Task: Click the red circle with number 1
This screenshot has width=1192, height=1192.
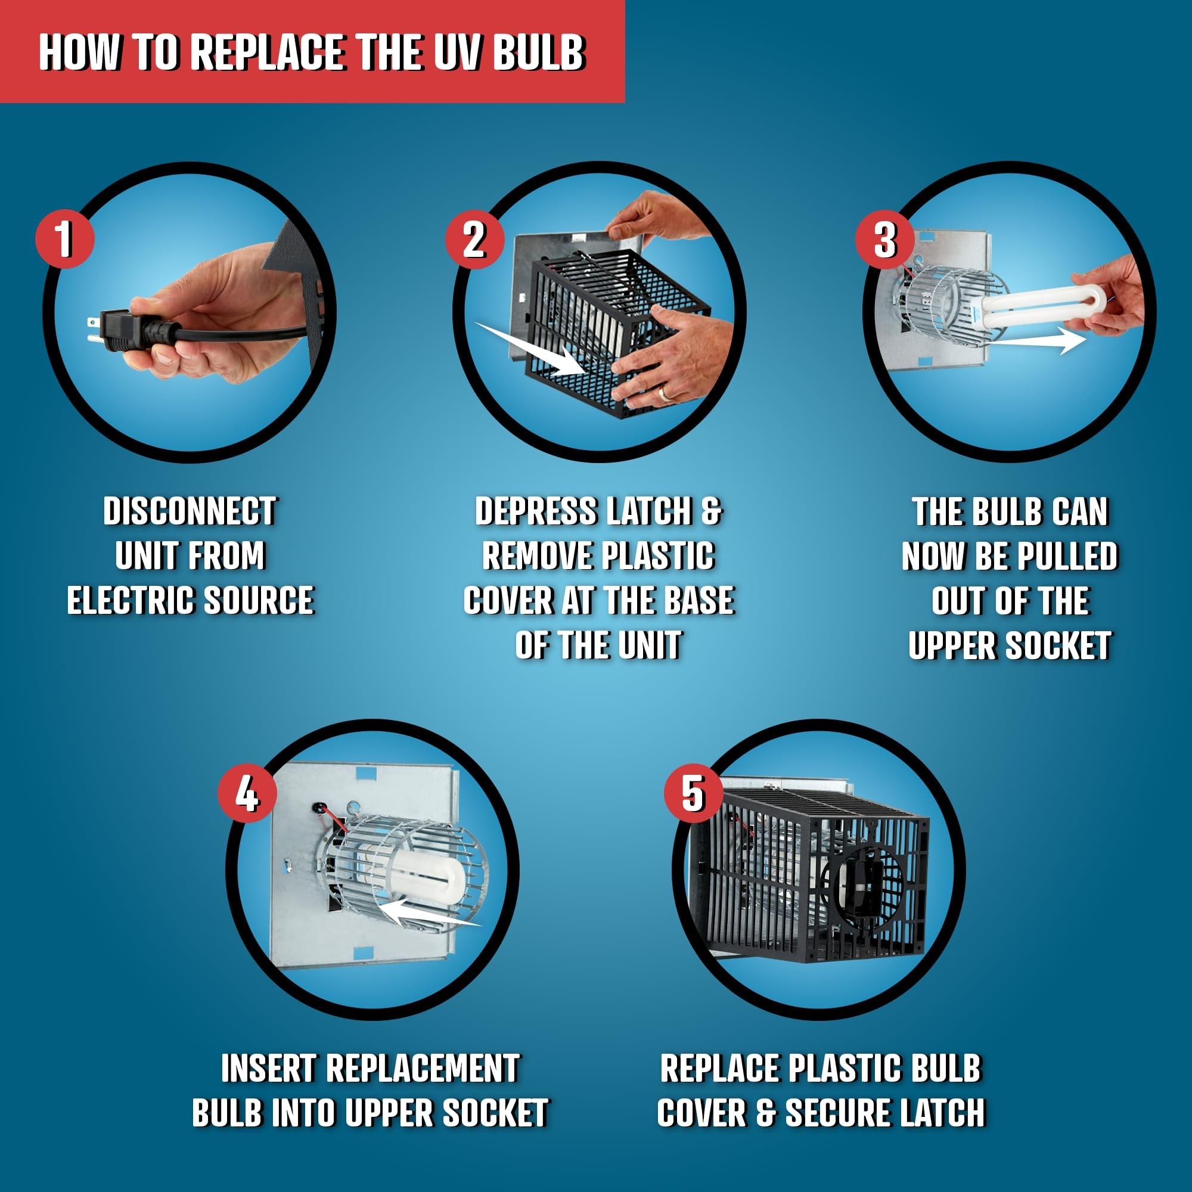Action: click(x=64, y=239)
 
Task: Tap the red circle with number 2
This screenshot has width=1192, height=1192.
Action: click(x=474, y=239)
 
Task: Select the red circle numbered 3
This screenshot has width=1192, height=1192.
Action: click(x=884, y=239)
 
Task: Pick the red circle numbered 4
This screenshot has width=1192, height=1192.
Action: click(x=247, y=793)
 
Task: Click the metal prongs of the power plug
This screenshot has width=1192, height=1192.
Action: click(x=92, y=330)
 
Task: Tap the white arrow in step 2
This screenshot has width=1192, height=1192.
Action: click(x=530, y=349)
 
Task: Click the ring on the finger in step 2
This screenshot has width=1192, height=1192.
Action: click(x=663, y=393)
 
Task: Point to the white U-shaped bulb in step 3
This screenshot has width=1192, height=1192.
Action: click(x=1042, y=309)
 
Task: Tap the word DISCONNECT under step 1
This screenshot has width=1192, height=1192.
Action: click(x=190, y=511)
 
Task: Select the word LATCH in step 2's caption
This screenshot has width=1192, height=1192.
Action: click(x=648, y=511)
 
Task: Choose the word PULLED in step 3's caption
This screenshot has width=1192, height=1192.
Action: click(x=1067, y=557)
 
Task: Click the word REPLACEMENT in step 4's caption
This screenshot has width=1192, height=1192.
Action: click(x=422, y=1069)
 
